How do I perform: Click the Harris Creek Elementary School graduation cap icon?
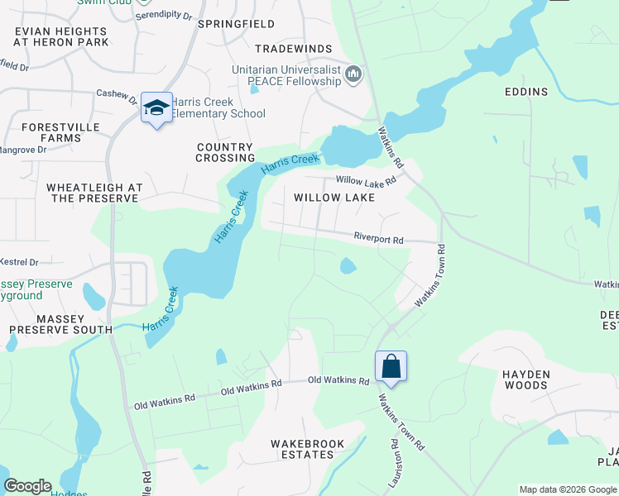[156, 107]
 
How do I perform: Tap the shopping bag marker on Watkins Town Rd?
[391, 365]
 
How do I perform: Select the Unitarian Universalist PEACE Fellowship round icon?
[354, 75]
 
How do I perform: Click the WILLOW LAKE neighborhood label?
[334, 198]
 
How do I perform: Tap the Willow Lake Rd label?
[366, 180]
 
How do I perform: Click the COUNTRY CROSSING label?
[225, 152]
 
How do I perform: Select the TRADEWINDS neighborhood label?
[293, 50]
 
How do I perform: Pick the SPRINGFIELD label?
[237, 24]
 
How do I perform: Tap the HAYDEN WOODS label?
[525, 379]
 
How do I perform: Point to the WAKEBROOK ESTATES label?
[307, 449]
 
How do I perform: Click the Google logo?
[27, 486]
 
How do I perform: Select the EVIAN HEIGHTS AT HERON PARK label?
[61, 36]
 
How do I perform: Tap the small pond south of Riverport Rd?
[348, 265]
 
